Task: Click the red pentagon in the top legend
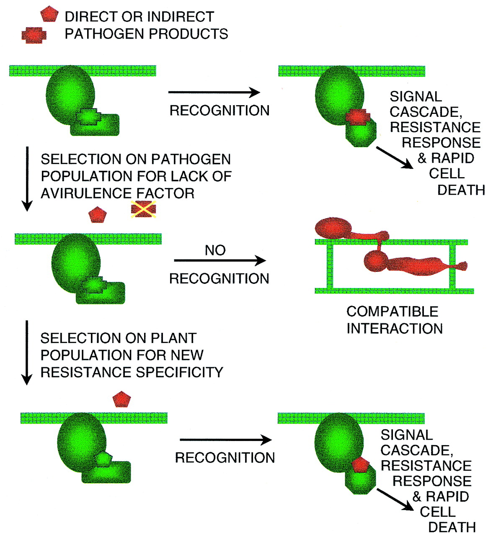coord(49,14)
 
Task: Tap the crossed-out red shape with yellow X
coord(143,209)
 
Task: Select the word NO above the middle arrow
coord(215,250)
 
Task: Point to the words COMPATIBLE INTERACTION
coord(394,320)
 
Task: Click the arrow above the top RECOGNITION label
coord(214,93)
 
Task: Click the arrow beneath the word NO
coord(219,261)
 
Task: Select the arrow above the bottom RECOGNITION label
coord(225,440)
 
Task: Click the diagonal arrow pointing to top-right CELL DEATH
coord(394,157)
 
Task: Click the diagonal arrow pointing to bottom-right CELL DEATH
coord(395,500)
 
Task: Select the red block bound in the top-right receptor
coord(358,117)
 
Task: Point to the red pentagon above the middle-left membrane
coord(98,215)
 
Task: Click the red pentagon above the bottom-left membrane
coord(122,399)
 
